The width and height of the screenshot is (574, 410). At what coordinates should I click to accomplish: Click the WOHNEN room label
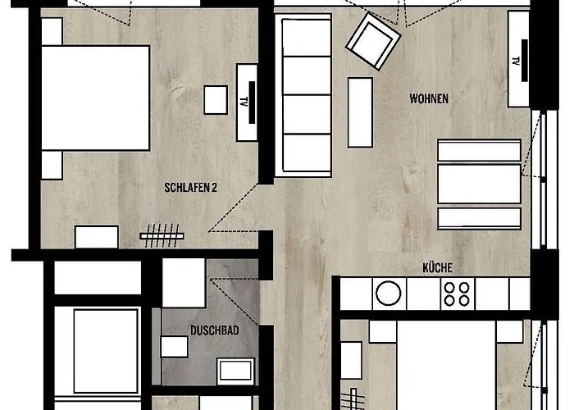[x=429, y=98]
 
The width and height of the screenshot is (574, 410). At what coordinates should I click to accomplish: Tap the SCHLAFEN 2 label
[x=190, y=188]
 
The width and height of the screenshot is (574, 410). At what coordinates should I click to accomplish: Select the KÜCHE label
[x=437, y=267]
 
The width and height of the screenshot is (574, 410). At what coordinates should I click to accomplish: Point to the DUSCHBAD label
[x=215, y=330]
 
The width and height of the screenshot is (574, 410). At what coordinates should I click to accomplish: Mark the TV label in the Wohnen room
[x=516, y=61]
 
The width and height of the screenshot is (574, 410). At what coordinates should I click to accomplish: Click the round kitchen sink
[x=389, y=294]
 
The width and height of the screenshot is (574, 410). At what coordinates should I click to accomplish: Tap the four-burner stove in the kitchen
[x=458, y=294]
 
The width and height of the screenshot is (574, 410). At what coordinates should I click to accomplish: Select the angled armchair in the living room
[x=373, y=41]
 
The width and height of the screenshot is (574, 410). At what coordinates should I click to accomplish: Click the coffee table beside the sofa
[x=360, y=112]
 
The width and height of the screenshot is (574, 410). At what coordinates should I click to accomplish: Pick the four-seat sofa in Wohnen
[x=303, y=95]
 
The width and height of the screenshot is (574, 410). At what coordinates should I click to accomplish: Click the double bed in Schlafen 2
[x=96, y=98]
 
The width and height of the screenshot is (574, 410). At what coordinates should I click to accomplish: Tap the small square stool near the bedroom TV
[x=216, y=100]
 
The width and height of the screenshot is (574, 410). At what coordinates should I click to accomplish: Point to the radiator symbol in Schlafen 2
[x=162, y=235]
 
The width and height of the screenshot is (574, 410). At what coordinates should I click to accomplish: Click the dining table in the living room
[x=479, y=184]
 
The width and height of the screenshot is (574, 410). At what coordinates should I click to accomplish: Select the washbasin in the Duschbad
[x=235, y=371]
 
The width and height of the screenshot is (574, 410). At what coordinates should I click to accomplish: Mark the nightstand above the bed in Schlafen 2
[x=52, y=31]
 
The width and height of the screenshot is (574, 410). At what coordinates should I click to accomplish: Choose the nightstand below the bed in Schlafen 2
[x=52, y=165]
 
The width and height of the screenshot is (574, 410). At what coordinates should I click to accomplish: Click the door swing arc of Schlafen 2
[x=233, y=208]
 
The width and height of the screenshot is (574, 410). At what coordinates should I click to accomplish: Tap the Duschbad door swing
[x=235, y=301]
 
